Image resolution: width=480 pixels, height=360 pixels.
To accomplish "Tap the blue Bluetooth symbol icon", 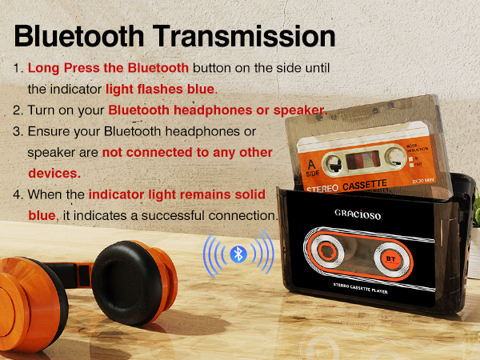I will click(x=237, y=254).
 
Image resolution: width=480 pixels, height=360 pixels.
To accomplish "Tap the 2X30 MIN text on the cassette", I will click(x=423, y=181).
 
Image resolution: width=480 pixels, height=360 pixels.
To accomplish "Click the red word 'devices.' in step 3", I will click(x=54, y=173).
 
